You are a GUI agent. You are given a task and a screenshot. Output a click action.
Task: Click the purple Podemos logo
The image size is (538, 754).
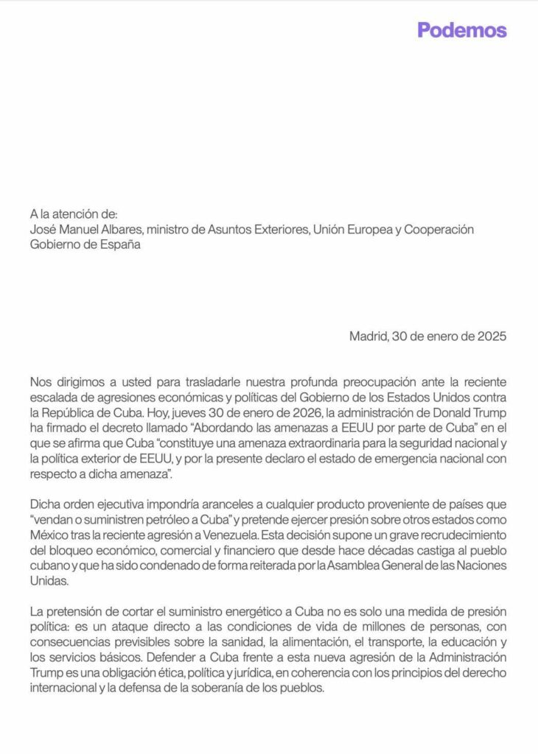[462, 30]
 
